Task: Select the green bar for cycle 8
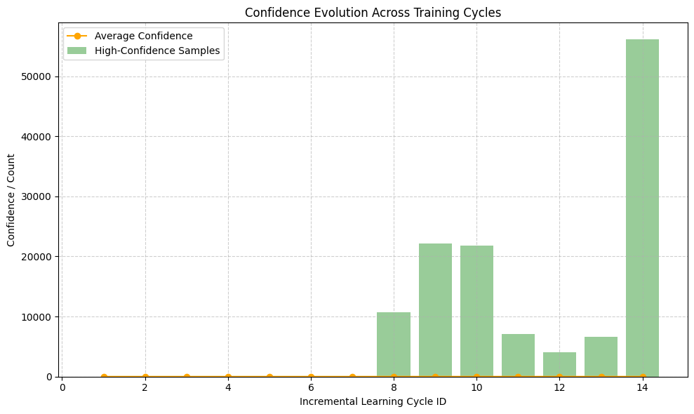click(x=394, y=345)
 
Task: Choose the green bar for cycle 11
click(x=518, y=355)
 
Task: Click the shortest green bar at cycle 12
click(x=559, y=364)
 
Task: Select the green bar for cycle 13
click(x=601, y=356)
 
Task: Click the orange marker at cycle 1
click(x=104, y=377)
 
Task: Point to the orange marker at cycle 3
click(x=187, y=377)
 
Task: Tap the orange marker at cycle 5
click(x=269, y=377)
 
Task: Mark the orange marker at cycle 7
click(x=352, y=377)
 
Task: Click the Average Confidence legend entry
click(x=143, y=36)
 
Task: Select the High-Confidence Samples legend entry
click(x=156, y=51)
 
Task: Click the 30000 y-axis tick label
click(x=40, y=196)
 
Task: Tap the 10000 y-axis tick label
click(x=40, y=316)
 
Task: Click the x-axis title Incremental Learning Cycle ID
click(x=373, y=402)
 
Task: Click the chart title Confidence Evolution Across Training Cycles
click(x=373, y=13)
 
